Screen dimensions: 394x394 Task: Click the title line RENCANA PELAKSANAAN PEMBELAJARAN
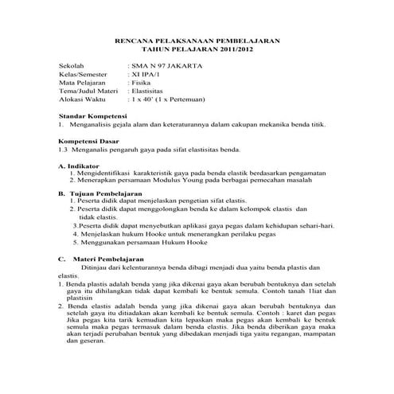click(x=198, y=38)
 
